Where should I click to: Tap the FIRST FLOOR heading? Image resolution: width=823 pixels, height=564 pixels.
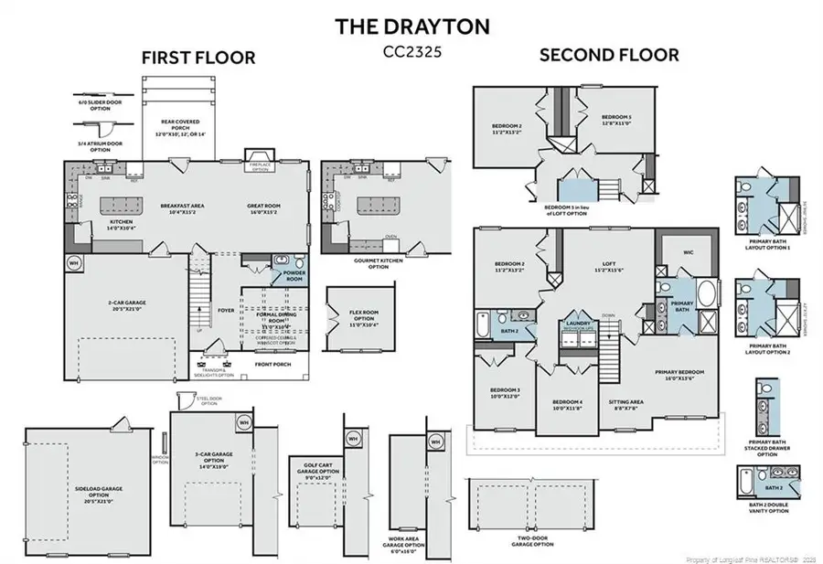198,57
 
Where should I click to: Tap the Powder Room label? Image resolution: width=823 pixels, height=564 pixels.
295,276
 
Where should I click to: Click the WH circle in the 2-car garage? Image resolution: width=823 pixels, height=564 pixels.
74,263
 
